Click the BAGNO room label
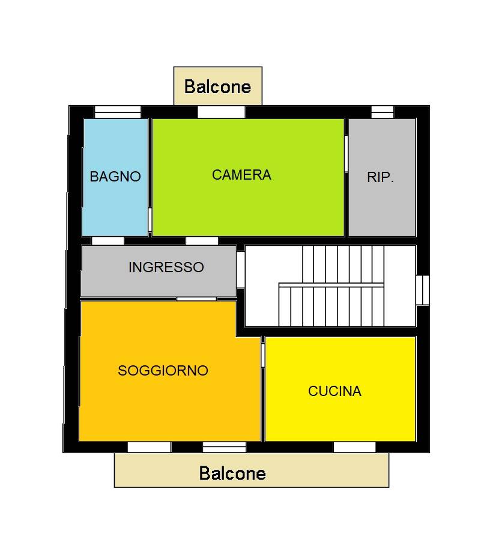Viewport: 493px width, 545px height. pyautogui.click(x=115, y=177)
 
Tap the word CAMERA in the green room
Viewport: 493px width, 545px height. pyautogui.click(x=241, y=175)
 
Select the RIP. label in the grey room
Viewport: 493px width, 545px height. pyautogui.click(x=381, y=178)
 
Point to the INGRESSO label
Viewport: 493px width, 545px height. pyautogui.click(x=166, y=267)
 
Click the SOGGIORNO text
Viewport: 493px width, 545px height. pyautogui.click(x=163, y=371)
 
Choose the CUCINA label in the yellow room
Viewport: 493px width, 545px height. pyautogui.click(x=334, y=391)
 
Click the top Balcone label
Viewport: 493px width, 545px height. pyautogui.click(x=217, y=87)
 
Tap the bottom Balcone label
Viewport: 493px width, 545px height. pyautogui.click(x=232, y=473)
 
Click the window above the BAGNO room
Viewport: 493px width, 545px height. pyautogui.click(x=118, y=112)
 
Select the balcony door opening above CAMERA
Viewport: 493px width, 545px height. pyautogui.click(x=222, y=112)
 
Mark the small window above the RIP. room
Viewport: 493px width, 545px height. pyautogui.click(x=383, y=112)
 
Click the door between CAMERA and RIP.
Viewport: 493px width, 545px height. pyautogui.click(x=346, y=154)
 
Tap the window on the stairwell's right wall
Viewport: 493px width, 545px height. pyautogui.click(x=422, y=290)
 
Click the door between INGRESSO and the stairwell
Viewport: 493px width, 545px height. pyautogui.click(x=240, y=269)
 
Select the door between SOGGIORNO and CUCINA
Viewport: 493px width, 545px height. pyautogui.click(x=263, y=355)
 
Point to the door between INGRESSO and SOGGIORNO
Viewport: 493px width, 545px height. pyautogui.click(x=196, y=298)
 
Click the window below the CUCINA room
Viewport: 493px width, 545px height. pyautogui.click(x=354, y=447)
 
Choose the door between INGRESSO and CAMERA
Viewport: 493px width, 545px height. pyautogui.click(x=202, y=241)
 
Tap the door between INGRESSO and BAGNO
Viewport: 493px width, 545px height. pyautogui.click(x=107, y=241)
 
